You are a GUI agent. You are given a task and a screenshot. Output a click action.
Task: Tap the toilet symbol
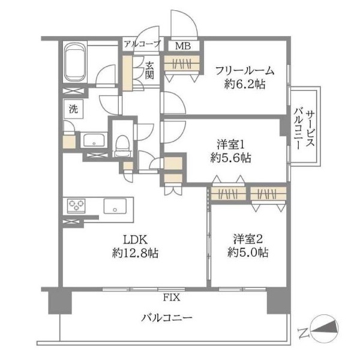tap(122, 146)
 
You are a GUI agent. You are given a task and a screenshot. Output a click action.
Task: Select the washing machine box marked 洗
tap(73, 109)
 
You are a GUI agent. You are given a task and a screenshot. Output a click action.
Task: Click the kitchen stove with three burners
tap(76, 205)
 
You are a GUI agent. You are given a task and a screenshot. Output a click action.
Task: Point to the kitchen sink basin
tap(115, 206)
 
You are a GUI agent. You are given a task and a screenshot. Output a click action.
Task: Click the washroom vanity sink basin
tap(94, 140)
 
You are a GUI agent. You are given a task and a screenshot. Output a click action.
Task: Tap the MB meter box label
tap(183, 46)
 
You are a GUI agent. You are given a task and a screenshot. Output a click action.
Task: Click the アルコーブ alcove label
tap(142, 43)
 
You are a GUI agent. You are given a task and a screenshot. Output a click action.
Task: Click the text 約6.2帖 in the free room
tap(245, 84)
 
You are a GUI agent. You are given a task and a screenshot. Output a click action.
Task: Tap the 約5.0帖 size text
tap(248, 253)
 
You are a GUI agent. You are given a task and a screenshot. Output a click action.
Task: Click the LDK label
tap(135, 240)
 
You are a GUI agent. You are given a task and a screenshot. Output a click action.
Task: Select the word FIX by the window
tap(172, 298)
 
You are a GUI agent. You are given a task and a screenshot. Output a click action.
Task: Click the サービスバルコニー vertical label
tap(304, 130)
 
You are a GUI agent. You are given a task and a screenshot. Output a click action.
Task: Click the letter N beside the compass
tap(303, 333)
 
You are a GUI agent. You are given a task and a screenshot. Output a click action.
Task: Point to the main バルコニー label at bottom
tap(167, 318)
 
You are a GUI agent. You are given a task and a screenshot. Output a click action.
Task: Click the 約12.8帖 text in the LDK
tap(135, 253)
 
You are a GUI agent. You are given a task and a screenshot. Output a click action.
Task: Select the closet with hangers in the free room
tap(181, 62)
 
